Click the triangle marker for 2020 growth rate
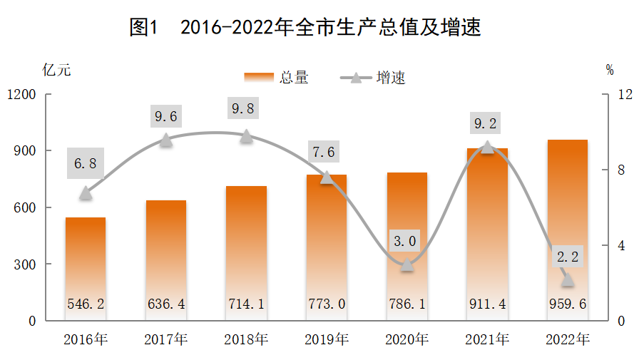tap(407, 264)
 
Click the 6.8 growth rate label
tap(86, 163)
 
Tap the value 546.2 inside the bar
tap(86, 304)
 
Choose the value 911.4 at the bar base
tap(486, 304)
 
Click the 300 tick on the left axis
tap(26, 264)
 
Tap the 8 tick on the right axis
tap(620, 170)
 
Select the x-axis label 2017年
tap(165, 339)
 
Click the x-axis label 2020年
tap(407, 339)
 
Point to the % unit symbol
tap(610, 70)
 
